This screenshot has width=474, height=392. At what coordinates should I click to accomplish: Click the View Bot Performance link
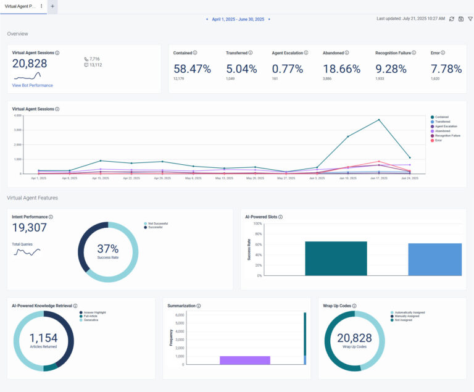pyautogui.click(x=32, y=85)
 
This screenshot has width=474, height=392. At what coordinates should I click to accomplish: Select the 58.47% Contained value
pyautogui.click(x=192, y=69)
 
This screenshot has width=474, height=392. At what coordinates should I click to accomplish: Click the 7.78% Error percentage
pyautogui.click(x=446, y=69)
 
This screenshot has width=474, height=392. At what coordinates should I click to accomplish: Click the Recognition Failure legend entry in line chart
pyautogui.click(x=447, y=135)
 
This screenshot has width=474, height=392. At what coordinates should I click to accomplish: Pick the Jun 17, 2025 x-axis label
pyautogui.click(x=378, y=178)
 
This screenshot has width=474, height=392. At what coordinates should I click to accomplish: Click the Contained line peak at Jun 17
pyautogui.click(x=379, y=120)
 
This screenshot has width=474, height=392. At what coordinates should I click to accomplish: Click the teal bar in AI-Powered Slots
pyautogui.click(x=336, y=258)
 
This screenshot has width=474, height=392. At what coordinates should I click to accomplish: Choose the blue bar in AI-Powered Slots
pyautogui.click(x=434, y=259)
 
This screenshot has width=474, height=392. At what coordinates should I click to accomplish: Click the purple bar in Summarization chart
pyautogui.click(x=245, y=360)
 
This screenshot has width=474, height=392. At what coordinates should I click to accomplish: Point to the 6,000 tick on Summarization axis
pyautogui.click(x=179, y=315)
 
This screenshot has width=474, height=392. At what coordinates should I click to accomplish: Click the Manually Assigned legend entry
pyautogui.click(x=408, y=316)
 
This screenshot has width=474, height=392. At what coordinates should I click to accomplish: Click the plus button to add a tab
pyautogui.click(x=52, y=6)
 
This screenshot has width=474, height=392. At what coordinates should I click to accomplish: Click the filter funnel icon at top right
pyautogui.click(x=470, y=19)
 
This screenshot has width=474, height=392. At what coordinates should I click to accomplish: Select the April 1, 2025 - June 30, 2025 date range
pyautogui.click(x=238, y=19)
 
